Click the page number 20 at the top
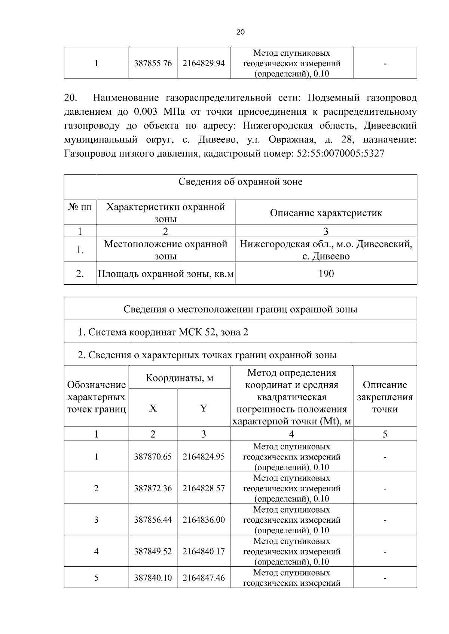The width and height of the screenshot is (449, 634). coord(241,32)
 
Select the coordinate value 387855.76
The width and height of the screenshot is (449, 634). coord(153,63)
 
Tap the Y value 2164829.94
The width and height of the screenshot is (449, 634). coord(204,63)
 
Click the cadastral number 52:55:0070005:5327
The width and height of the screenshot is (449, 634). coord(340,154)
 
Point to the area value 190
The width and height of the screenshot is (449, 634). coord(326,274)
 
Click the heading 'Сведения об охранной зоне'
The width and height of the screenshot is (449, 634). coord(240,182)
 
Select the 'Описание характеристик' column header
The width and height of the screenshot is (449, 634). coord(326,213)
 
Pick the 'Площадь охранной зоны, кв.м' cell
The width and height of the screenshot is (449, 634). coord(165,274)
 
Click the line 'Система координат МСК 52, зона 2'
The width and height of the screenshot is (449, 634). coord(163,332)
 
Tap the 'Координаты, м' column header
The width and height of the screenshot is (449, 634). coord(179,378)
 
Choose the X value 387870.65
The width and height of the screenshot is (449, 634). coord(153,457)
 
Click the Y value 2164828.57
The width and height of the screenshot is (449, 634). coord(204,488)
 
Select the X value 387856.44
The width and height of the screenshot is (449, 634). coord(153,520)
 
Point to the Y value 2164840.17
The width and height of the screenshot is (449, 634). coord(204,551)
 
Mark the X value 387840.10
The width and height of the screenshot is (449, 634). coord(153,578)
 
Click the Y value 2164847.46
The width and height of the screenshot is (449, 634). coord(204,578)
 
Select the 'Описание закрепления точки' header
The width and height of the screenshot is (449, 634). coord(385,397)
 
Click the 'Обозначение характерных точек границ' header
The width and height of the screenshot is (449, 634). coord(96,397)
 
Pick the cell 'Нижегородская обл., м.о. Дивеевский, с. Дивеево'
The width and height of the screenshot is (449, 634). coord(326,250)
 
